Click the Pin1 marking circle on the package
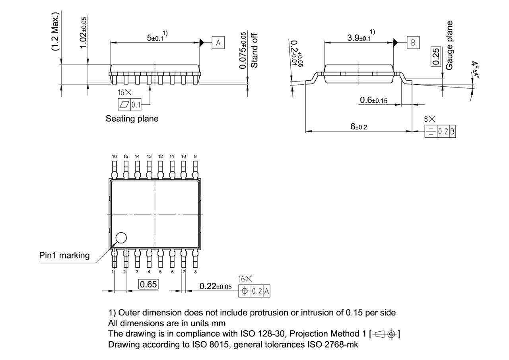121,238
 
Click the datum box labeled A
218,43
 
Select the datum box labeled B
413,43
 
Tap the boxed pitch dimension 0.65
148,284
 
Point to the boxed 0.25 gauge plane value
436,56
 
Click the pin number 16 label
115,156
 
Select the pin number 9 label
195,156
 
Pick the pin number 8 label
195,272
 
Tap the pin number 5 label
161,272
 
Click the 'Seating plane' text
132,119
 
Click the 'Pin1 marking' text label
64,255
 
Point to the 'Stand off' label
255,51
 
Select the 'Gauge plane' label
449,45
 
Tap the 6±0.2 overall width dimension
359,126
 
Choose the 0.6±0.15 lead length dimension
373,100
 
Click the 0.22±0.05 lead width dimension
216,286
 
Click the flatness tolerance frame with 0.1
130,105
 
